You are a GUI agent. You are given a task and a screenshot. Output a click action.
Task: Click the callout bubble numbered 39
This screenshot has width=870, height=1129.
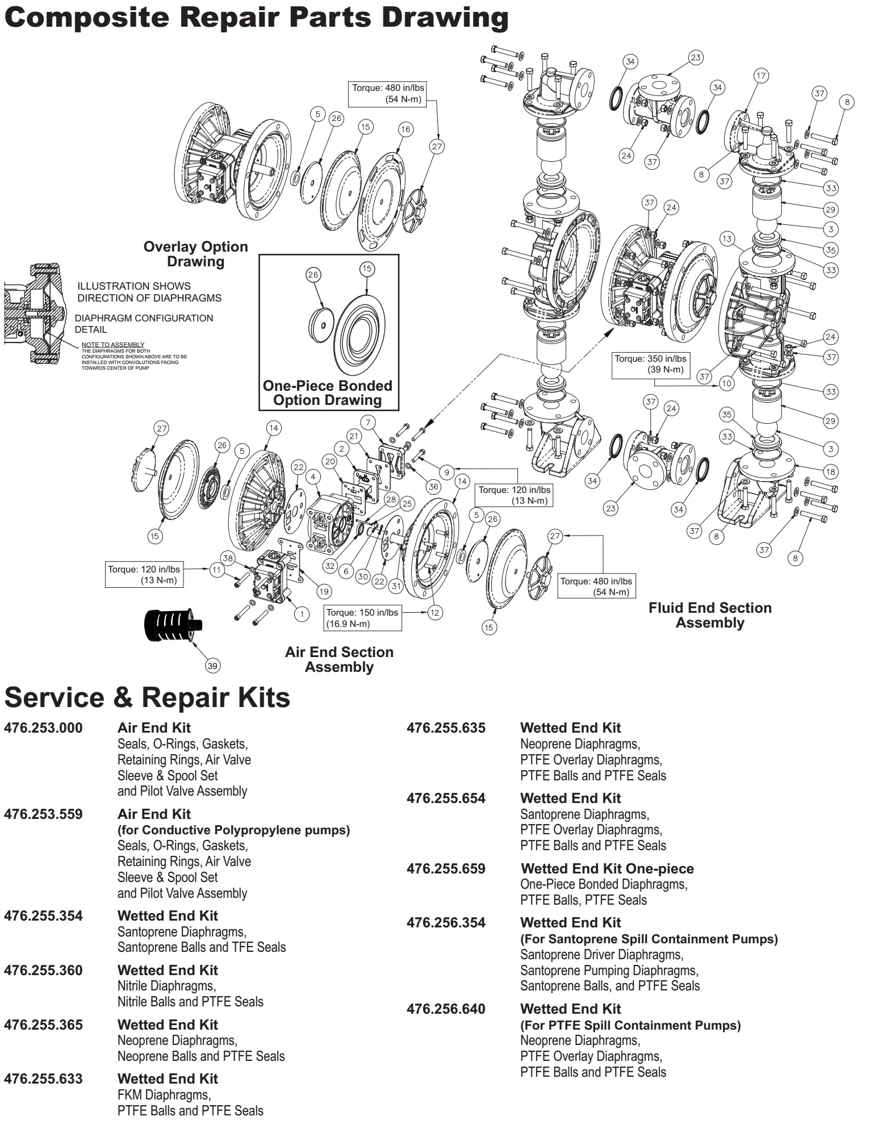(212, 666)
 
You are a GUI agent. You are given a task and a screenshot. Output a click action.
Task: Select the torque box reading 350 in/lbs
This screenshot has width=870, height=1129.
(650, 364)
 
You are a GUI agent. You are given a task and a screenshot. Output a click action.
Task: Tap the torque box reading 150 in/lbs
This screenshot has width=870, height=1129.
(362, 618)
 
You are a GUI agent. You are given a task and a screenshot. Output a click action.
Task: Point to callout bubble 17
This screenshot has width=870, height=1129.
(761, 76)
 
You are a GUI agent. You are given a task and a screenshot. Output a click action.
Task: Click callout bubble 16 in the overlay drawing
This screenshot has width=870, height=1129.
(405, 129)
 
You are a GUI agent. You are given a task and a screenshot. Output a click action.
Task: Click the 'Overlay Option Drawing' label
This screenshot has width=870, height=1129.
(196, 254)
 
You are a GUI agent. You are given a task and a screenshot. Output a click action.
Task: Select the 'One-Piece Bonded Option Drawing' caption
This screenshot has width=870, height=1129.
(328, 392)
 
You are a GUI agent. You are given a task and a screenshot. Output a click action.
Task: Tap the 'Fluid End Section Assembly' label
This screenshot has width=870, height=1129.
(710, 615)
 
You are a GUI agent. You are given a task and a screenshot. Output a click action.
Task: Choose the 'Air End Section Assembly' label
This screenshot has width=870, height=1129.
(339, 659)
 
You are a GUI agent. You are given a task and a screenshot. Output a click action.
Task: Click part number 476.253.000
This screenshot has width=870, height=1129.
(43, 728)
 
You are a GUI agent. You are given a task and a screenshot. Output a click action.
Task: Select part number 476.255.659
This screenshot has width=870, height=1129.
(446, 868)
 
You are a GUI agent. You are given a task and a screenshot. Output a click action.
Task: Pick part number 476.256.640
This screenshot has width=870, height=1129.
(446, 1009)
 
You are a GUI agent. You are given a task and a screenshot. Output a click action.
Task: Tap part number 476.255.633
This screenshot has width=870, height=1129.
(43, 1078)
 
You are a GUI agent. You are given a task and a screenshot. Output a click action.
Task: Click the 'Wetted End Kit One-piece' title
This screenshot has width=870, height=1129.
(607, 868)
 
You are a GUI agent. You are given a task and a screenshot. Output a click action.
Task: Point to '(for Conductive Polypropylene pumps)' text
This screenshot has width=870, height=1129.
(233, 830)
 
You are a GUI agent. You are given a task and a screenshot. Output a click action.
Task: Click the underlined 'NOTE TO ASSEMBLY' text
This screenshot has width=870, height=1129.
(113, 345)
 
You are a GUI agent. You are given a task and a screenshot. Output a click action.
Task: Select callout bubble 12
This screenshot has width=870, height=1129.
(435, 612)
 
